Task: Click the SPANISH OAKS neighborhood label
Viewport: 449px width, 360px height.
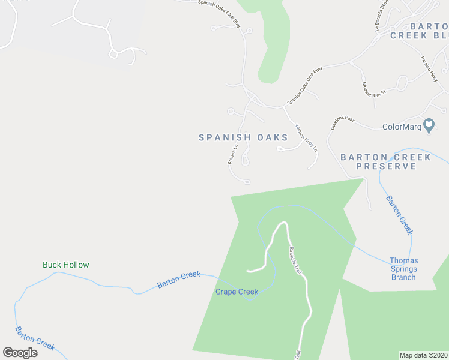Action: pos(243,137)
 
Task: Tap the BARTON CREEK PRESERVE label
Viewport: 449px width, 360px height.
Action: pos(385,161)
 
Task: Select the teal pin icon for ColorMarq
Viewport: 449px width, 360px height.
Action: pos(429,125)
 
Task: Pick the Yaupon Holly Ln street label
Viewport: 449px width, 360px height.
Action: pos(305,137)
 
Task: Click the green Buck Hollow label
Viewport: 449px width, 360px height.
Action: pos(66,265)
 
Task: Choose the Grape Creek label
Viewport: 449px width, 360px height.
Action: pos(237,292)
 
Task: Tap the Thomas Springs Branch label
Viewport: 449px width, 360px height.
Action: pos(403,269)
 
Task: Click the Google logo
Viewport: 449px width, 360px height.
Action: pos(20,353)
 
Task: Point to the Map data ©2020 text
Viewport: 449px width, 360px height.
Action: pos(423,355)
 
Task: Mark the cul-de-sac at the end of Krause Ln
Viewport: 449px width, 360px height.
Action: pos(247,182)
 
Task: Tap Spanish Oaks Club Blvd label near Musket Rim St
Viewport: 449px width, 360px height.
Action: pos(304,86)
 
